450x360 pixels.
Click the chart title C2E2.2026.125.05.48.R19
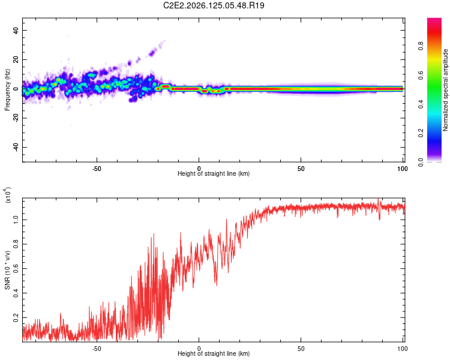click(214, 5)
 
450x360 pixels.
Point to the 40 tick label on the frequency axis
click(16, 30)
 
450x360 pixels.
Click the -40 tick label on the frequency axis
click(16, 148)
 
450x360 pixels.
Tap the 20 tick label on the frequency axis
click(16, 59)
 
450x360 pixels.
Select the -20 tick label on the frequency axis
click(16, 118)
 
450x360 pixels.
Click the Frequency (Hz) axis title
click(7, 90)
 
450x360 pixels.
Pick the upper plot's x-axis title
click(214, 173)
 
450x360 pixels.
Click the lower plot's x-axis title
click(214, 353)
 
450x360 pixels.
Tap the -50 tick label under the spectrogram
click(97, 169)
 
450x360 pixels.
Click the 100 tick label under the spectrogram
click(403, 169)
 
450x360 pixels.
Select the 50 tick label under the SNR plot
click(301, 349)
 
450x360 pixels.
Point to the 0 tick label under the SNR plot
click(199, 349)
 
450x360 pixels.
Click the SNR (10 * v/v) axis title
click(7, 270)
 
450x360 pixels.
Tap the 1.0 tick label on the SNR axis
click(16, 220)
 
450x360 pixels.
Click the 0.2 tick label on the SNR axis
click(16, 318)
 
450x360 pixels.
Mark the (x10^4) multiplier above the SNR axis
click(8, 195)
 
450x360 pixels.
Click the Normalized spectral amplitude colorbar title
click(445, 90)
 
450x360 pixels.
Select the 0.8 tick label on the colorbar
click(421, 46)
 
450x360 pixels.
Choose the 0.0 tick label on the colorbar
click(421, 162)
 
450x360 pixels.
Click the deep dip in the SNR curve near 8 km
click(217, 283)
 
